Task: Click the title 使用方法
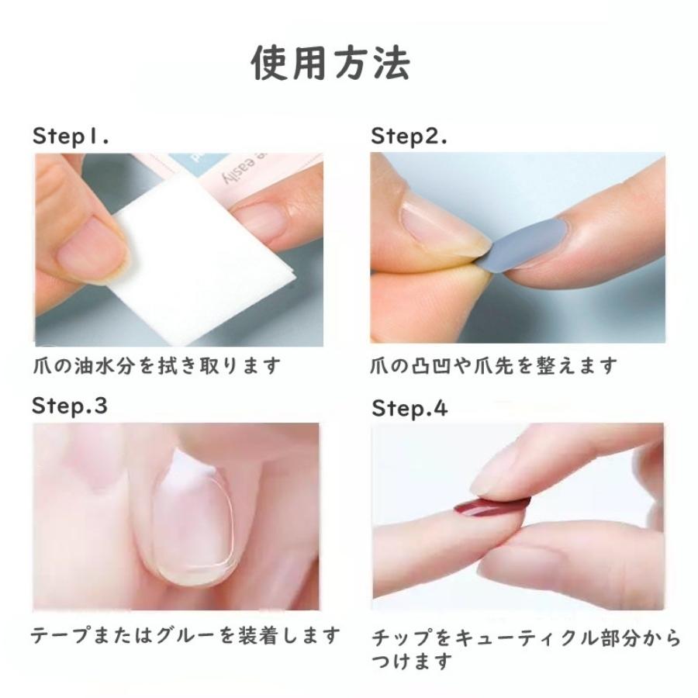click(x=331, y=63)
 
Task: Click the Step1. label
click(x=71, y=136)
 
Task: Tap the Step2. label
click(x=409, y=136)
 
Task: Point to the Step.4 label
click(x=409, y=408)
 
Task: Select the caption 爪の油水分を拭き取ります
click(x=156, y=365)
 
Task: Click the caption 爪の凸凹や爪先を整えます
click(x=494, y=365)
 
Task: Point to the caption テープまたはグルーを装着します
click(x=185, y=636)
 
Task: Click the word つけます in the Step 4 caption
click(x=411, y=662)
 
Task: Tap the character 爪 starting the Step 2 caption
click(x=380, y=365)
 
